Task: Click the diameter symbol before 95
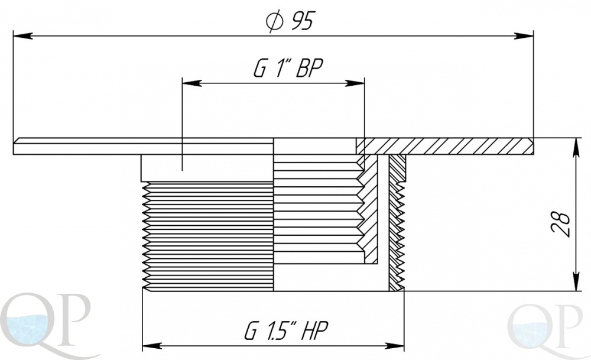pos(274,21)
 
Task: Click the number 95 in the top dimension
pos(301,21)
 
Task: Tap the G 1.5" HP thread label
pos(286,330)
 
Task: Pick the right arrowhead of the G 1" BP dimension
pos(355,83)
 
